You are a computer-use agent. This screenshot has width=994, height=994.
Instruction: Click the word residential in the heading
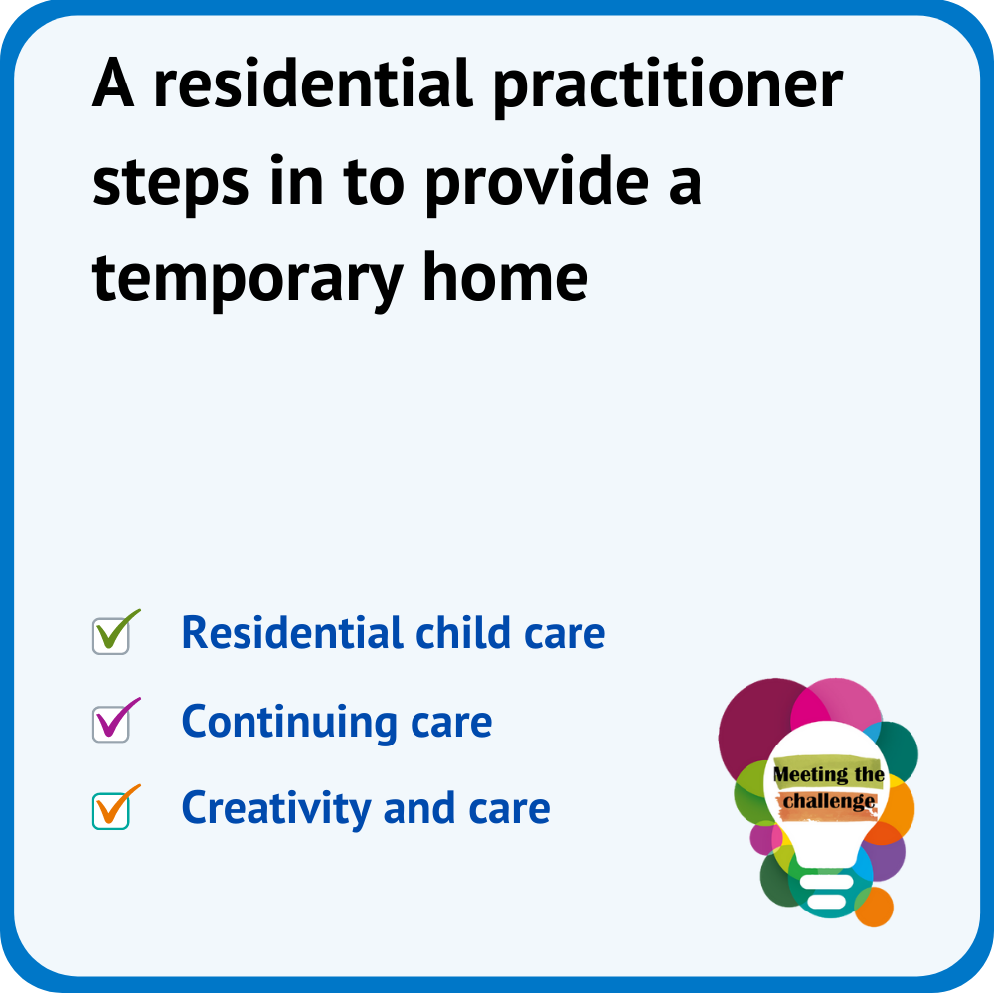(313, 83)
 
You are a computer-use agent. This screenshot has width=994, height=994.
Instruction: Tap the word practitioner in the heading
(668, 87)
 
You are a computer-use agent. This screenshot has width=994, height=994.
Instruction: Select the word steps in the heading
(171, 184)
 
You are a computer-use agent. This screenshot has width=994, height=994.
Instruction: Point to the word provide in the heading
(537, 183)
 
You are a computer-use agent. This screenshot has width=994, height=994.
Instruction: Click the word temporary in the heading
(248, 281)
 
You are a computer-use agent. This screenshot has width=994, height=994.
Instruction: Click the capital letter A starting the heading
(113, 83)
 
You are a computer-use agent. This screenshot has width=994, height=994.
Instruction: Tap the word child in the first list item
(463, 632)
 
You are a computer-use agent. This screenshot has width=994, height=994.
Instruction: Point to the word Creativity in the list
(276, 809)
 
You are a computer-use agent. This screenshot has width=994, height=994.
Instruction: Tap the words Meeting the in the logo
(829, 774)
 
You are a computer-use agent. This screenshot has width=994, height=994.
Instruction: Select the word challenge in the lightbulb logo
(829, 801)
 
